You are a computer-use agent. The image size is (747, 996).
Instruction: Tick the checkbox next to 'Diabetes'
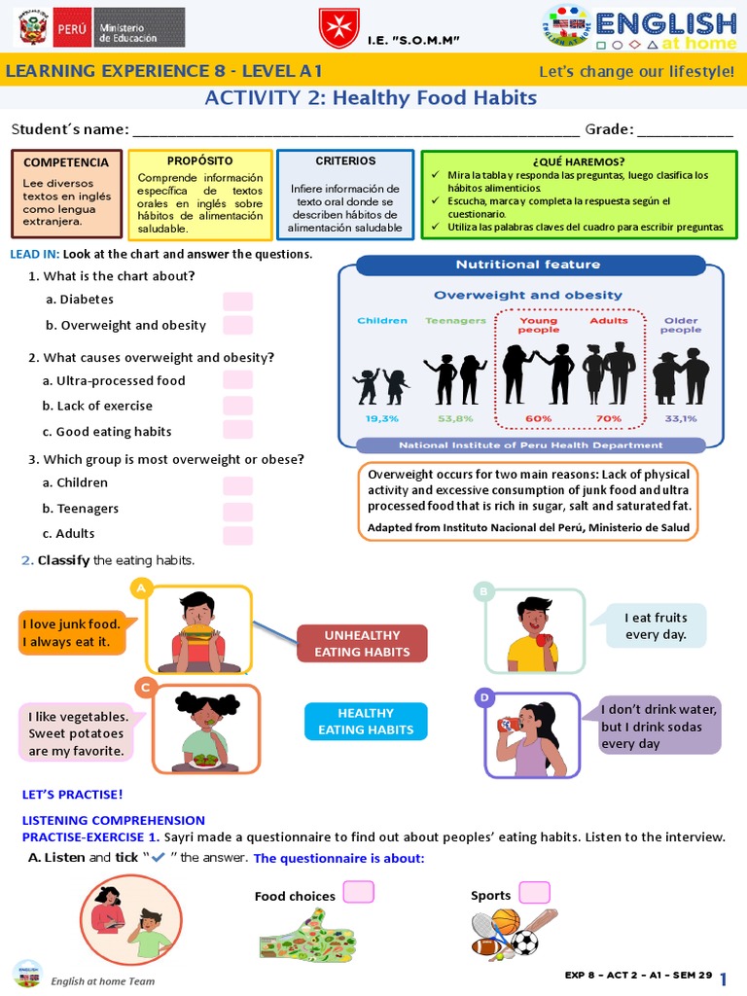[237, 301]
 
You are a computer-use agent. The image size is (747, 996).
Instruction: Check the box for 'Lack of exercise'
[237, 406]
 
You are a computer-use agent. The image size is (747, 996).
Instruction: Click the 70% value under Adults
[609, 418]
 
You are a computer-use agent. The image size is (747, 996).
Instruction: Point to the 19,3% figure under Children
[381, 418]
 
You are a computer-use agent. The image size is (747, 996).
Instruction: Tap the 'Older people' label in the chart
[680, 324]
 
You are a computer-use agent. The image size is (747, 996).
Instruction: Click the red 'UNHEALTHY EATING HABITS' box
[362, 644]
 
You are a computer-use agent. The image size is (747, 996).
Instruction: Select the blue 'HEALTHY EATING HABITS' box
[365, 722]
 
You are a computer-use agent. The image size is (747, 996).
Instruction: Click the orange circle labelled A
[142, 588]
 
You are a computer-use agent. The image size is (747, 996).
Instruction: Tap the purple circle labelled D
[483, 697]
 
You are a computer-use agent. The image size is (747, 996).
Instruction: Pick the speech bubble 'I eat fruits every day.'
[656, 625]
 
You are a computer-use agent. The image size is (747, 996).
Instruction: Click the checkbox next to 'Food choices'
[358, 892]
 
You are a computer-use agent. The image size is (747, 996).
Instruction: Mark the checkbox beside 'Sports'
[534, 892]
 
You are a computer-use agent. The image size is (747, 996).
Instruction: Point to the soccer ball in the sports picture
[525, 942]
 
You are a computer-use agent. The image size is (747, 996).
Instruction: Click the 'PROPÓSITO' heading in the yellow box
[199, 160]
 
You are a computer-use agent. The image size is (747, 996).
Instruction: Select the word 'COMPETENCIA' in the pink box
[66, 162]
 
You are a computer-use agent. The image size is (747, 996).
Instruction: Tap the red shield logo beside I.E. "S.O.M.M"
[338, 29]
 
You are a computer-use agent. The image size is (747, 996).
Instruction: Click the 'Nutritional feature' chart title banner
[528, 265]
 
